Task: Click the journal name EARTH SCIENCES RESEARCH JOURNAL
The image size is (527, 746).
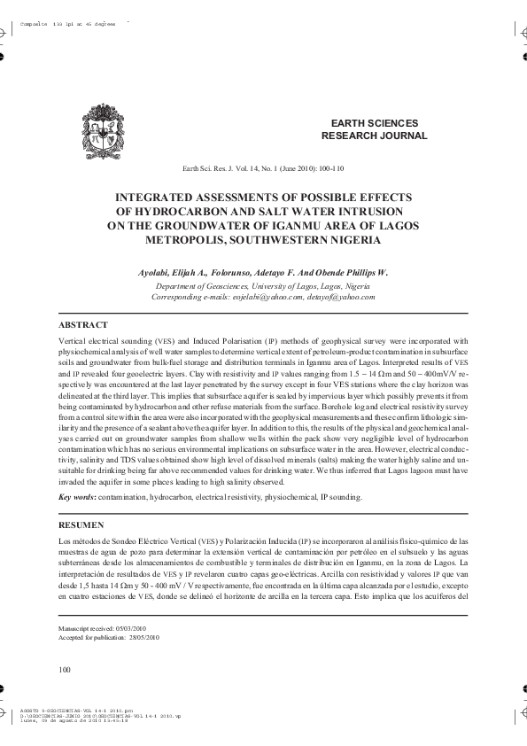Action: [374, 129]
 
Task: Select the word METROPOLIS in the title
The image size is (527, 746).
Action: [189, 239]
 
